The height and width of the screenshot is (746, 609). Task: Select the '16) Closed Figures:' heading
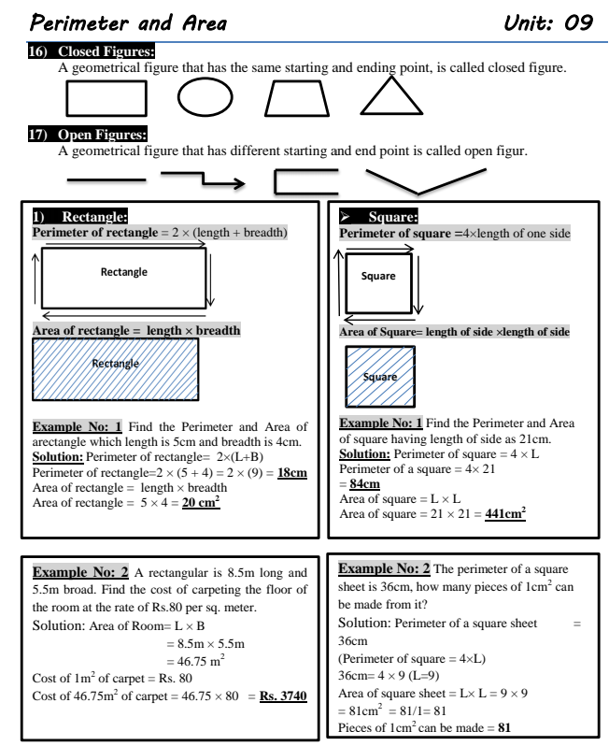(x=92, y=51)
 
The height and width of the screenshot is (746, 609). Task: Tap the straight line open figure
(x=106, y=177)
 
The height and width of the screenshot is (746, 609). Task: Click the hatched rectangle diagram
(x=116, y=369)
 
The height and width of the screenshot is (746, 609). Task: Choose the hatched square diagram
(x=378, y=376)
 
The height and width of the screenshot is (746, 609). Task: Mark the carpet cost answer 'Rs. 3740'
(x=284, y=696)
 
